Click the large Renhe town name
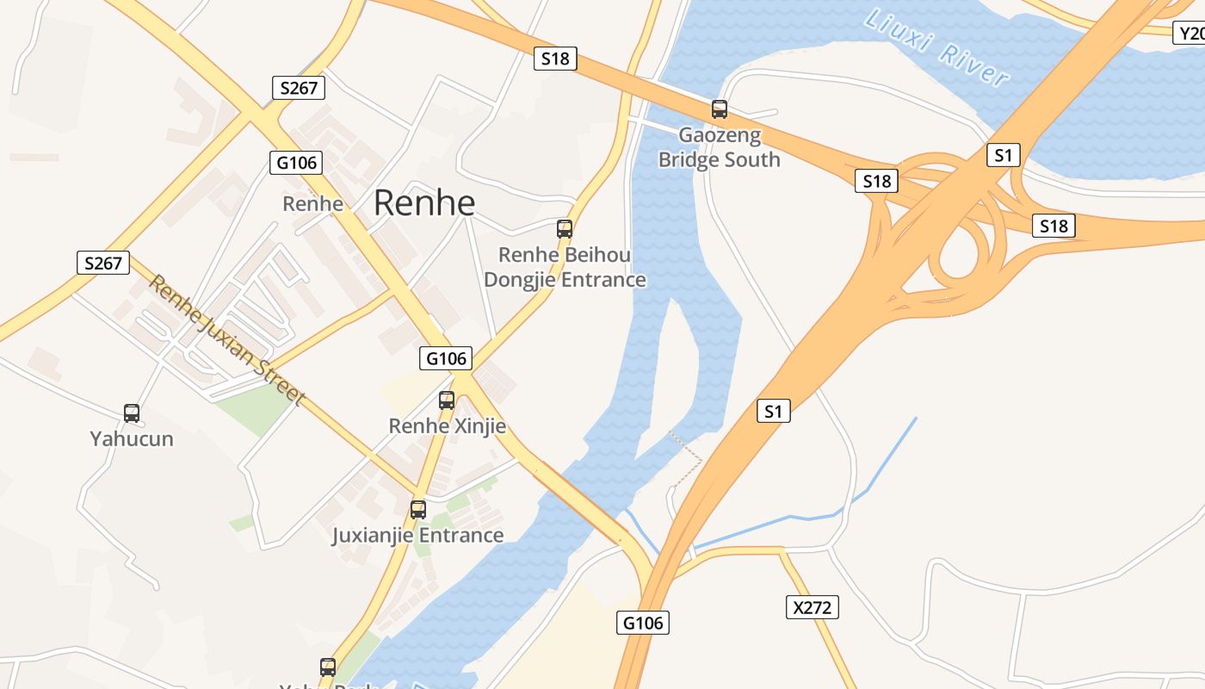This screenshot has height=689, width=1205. [424, 202]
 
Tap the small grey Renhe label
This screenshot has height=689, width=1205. [313, 204]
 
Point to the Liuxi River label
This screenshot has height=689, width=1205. [937, 47]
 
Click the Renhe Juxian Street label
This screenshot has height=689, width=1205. [226, 339]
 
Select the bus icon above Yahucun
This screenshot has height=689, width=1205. [132, 413]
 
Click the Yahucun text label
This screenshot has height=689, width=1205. [132, 439]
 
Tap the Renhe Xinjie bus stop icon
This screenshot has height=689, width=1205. [446, 400]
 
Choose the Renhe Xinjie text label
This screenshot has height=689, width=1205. [447, 426]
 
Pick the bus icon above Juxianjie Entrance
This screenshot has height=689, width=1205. [418, 509]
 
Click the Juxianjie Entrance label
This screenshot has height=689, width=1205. [418, 536]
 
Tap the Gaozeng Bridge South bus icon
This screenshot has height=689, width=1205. [720, 109]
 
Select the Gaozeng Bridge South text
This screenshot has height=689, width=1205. [720, 147]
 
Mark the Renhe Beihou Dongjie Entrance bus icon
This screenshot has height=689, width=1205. [565, 229]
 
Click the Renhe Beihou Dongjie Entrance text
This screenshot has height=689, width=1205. [565, 267]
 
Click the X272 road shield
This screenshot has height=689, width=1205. [813, 607]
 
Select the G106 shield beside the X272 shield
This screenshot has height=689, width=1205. [643, 623]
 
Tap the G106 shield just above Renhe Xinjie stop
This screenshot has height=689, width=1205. [447, 358]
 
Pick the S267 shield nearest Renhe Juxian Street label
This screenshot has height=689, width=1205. [103, 263]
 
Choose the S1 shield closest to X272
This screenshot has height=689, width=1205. [774, 412]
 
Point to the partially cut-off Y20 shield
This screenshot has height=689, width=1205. [1190, 34]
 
